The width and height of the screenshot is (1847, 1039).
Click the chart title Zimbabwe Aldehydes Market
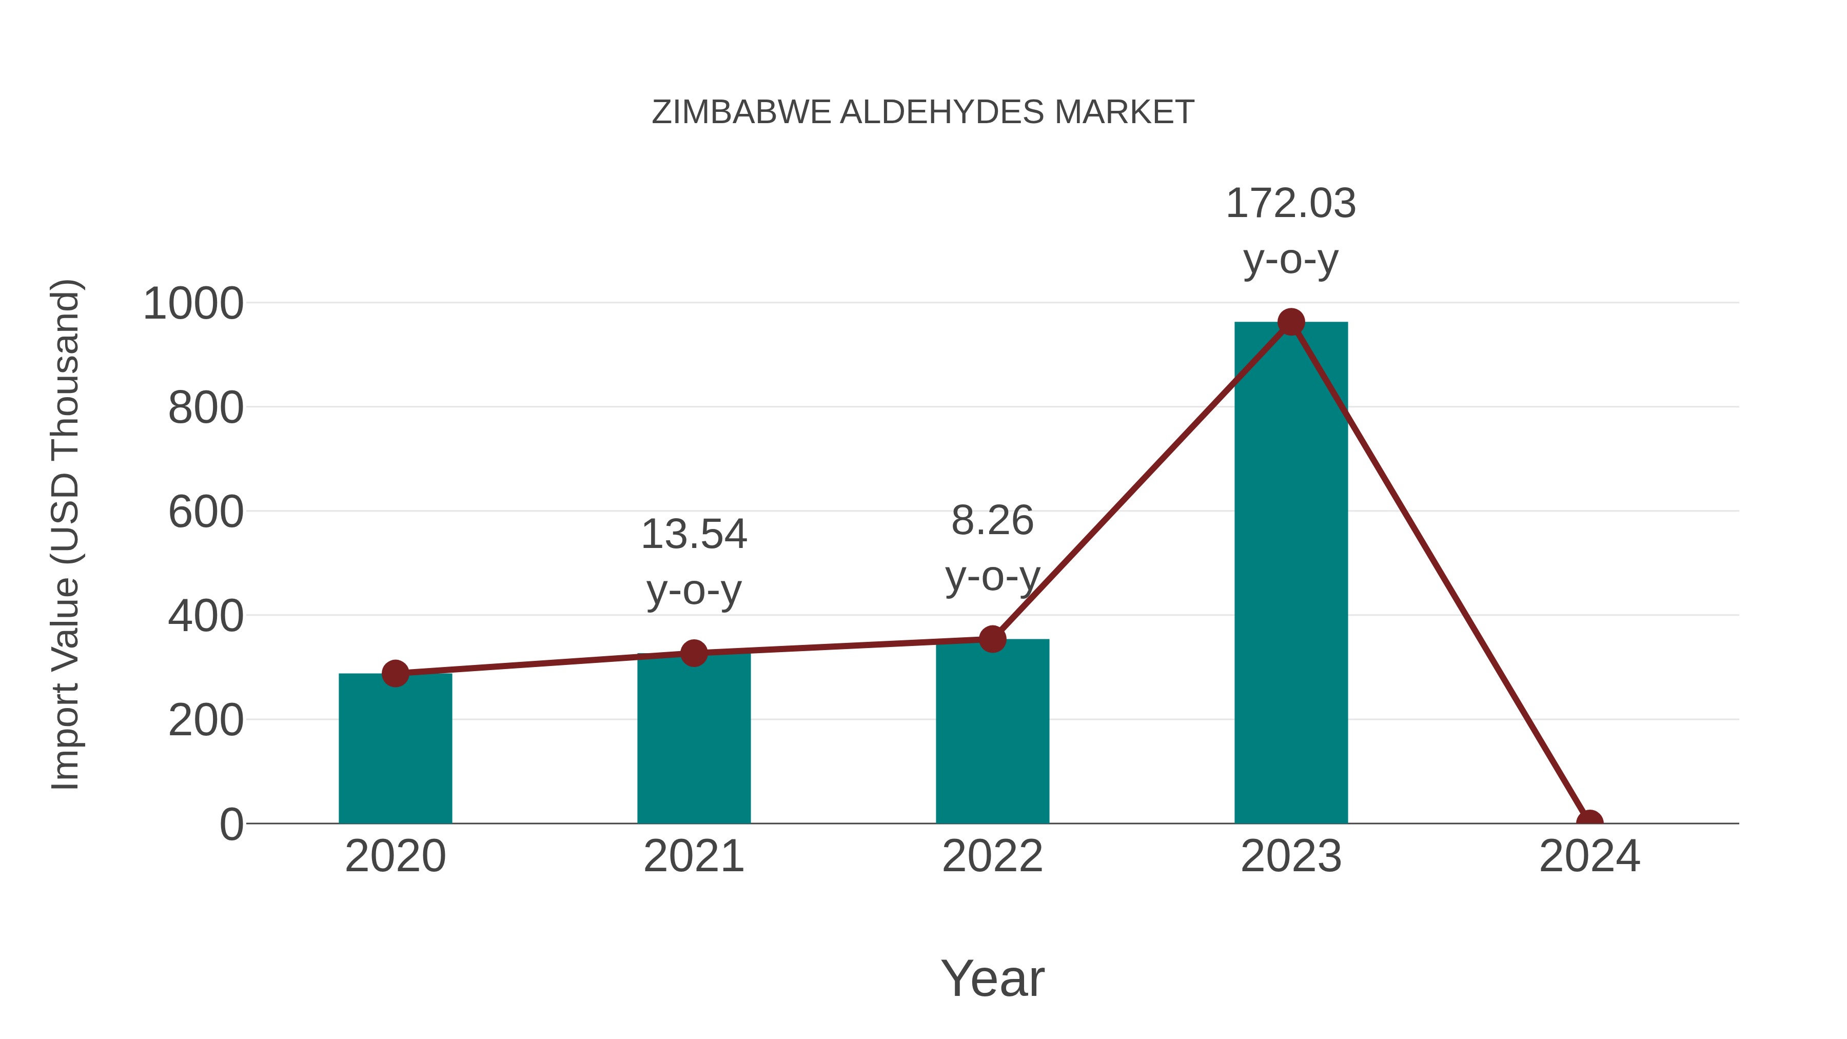(923, 112)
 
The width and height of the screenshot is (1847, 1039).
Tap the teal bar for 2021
(693, 738)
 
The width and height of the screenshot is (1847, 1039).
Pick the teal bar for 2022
(992, 731)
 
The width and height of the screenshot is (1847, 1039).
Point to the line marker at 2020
(395, 673)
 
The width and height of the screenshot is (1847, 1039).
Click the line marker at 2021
(693, 653)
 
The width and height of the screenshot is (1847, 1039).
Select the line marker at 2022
(992, 639)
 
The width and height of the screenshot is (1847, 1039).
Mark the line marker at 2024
(1589, 822)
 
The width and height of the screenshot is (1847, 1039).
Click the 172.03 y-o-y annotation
(1291, 231)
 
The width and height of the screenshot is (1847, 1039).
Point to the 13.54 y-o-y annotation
(693, 562)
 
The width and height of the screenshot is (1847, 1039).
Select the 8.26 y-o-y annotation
(992, 548)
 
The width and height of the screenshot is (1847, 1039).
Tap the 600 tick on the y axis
(206, 512)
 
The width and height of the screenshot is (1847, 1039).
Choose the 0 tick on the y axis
(231, 824)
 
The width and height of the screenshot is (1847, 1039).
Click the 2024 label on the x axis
(1589, 856)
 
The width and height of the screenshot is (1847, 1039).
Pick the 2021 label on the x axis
(693, 856)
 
